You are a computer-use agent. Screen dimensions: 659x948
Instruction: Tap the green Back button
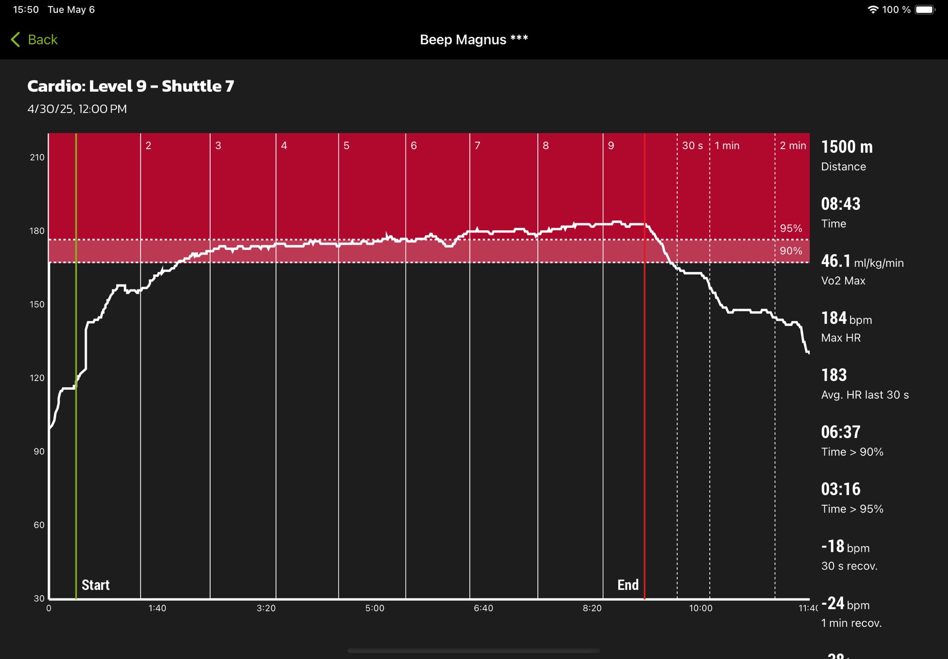[34, 39]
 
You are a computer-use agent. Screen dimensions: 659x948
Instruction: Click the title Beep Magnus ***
[474, 39]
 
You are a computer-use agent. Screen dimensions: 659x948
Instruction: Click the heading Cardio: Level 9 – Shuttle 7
[131, 86]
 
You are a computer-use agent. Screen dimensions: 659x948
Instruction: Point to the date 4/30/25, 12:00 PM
[77, 109]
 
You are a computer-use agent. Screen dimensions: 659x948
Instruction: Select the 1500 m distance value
[847, 147]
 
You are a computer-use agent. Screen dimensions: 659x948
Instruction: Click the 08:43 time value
[841, 204]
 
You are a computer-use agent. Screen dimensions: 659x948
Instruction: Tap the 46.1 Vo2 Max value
[836, 261]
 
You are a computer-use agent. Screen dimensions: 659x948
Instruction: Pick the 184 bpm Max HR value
[834, 318]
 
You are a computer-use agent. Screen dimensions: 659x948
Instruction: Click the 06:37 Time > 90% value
[841, 432]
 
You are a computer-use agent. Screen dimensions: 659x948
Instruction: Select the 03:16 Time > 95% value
[841, 489]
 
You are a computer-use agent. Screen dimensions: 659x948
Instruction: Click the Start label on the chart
[96, 585]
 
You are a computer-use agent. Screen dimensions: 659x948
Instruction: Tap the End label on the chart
[628, 585]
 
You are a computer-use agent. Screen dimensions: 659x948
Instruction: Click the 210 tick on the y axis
[37, 157]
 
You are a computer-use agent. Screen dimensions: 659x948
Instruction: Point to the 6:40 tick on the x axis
[483, 608]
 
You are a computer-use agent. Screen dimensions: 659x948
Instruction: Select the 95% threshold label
[791, 228]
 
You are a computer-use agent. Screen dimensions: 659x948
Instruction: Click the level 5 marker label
[346, 145]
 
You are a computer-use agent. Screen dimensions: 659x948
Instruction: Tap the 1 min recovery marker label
[727, 145]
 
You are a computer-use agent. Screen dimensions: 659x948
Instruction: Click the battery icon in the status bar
[925, 10]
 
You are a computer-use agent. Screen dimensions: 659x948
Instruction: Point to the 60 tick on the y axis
[39, 525]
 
